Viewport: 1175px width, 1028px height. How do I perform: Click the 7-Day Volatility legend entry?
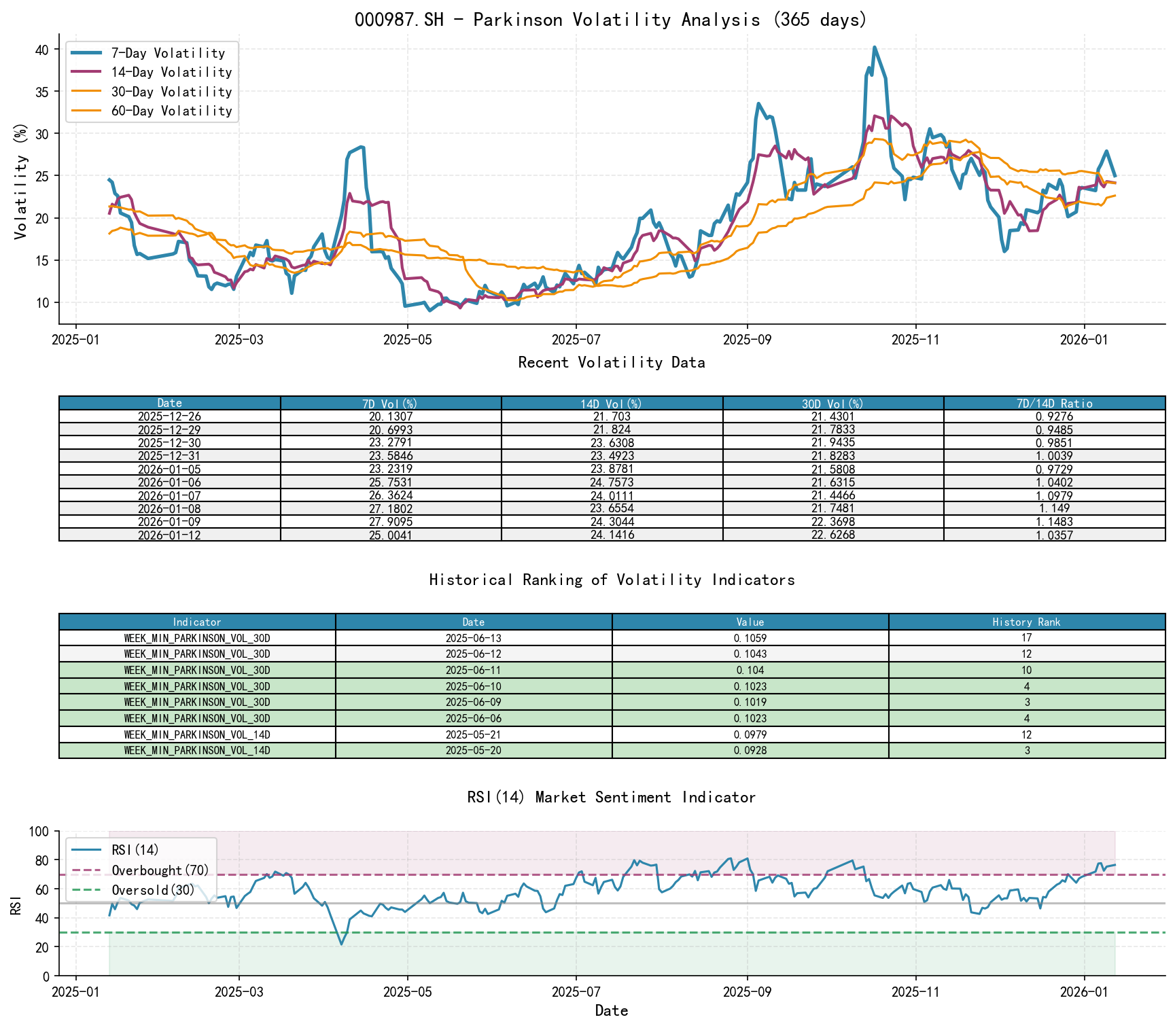tap(168, 53)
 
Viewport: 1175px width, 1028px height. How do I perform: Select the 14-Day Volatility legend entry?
tap(171, 72)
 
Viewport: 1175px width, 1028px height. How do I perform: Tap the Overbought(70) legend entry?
tap(160, 870)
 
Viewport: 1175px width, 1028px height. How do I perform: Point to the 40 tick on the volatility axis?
tap(42, 50)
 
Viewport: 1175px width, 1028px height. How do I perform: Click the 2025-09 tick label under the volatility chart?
tap(747, 340)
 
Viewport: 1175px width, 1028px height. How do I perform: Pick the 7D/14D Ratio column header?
tap(1054, 404)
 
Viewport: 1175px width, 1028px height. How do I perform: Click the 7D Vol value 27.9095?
tap(391, 522)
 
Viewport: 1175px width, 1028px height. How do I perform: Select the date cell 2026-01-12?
tap(169, 535)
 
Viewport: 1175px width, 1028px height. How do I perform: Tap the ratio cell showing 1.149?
tap(1054, 509)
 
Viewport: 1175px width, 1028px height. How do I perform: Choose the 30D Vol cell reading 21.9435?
tap(833, 443)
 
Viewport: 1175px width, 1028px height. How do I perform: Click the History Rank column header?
tap(1026, 622)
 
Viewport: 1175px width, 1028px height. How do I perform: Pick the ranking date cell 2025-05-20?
tap(473, 751)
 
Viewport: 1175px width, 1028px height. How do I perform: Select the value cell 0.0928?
tap(750, 751)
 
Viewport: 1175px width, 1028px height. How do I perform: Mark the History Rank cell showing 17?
tap(1026, 638)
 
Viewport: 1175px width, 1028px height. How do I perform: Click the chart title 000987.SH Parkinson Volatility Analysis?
tap(611, 20)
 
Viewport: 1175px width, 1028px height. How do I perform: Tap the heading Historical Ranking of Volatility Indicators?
tap(612, 580)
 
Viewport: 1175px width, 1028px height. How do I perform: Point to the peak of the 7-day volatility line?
tap(874, 47)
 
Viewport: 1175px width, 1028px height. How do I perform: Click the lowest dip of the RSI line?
tap(341, 944)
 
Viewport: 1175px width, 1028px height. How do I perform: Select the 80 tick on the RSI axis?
tap(42, 860)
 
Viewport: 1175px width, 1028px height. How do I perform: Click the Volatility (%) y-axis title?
tap(21, 181)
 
